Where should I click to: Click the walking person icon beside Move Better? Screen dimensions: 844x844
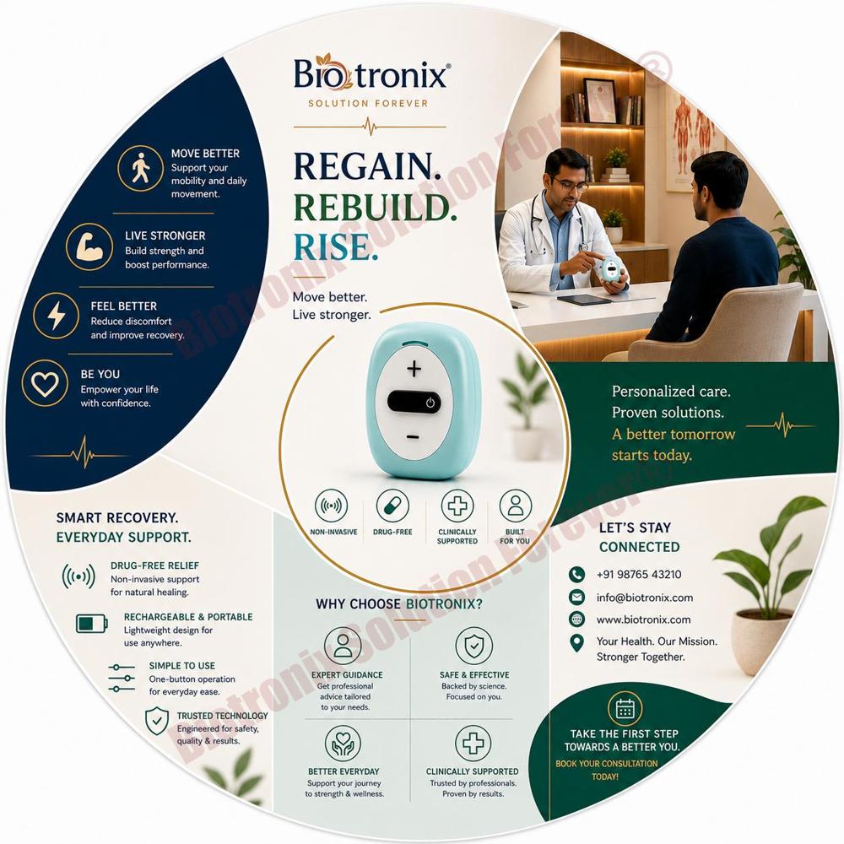point(140,168)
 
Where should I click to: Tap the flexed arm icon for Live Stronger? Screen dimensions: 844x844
point(89,247)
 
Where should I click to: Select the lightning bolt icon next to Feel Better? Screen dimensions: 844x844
point(56,316)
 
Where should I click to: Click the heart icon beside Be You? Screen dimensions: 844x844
point(45,382)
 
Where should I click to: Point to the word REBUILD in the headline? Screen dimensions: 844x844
point(376,208)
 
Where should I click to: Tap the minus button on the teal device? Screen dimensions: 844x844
point(413,436)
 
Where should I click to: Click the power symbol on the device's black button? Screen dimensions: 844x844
point(430,402)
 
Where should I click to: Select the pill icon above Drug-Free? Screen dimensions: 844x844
point(392,506)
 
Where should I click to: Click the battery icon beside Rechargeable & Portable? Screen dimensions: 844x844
point(92,624)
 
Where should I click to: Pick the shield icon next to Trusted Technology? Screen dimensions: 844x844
point(157,721)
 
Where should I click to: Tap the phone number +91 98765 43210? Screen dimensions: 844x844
point(639,574)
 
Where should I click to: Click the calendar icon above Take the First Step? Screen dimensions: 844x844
point(625,709)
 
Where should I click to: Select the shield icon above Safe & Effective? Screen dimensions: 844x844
point(473,646)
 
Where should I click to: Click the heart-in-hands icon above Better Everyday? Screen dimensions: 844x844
point(343,743)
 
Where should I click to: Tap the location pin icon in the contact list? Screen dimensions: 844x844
point(577,642)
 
